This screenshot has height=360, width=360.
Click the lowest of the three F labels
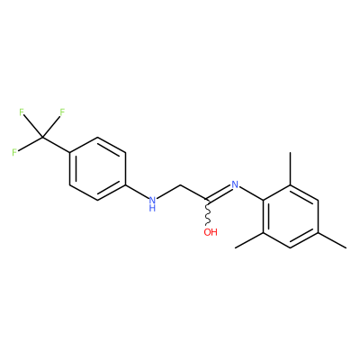click(x=14, y=152)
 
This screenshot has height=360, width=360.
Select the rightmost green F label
click(x=62, y=112)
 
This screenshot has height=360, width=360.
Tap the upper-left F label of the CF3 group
click(x=22, y=112)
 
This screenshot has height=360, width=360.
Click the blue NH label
click(x=152, y=203)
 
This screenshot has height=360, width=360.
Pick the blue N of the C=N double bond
click(x=235, y=184)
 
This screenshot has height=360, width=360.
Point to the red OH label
click(x=211, y=232)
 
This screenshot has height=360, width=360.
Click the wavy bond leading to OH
click(x=207, y=211)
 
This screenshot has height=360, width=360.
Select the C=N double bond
click(x=218, y=192)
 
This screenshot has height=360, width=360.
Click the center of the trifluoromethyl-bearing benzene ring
click(x=97, y=169)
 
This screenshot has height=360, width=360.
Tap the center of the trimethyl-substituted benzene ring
click(x=291, y=216)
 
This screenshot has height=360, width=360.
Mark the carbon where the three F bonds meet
click(x=42, y=138)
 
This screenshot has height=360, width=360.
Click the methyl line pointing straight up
click(x=291, y=168)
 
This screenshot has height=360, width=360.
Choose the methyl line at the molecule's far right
click(x=332, y=240)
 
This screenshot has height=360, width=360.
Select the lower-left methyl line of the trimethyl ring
click(x=249, y=240)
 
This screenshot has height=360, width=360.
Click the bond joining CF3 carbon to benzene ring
click(x=56, y=145)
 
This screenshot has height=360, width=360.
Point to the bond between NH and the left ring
click(x=137, y=191)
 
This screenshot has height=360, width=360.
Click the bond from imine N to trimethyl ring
click(x=251, y=194)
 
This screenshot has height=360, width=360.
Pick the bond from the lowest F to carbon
click(x=30, y=144)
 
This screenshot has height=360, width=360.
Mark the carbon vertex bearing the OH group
click(x=207, y=200)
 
